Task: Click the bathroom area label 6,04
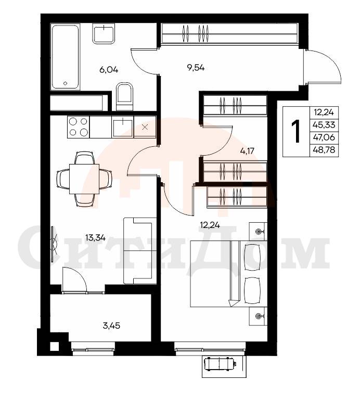109,70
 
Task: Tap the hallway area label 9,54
196,68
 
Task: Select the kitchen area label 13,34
95,237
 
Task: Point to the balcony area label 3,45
111,325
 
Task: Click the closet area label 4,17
247,151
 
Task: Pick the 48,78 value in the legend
324,150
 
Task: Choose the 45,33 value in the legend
324,124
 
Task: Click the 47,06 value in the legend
324,137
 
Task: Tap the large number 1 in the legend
297,131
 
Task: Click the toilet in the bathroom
124,96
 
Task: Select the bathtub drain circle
66,83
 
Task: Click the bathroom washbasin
104,33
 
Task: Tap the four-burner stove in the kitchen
78,127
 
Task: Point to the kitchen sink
123,128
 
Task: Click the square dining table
84,179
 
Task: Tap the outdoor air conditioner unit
220,364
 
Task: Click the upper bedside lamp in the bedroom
258,231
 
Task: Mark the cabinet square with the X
145,127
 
